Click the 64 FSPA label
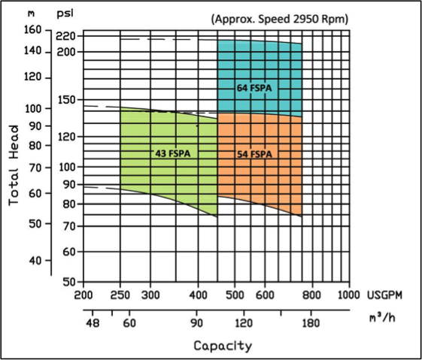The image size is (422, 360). click(254, 88)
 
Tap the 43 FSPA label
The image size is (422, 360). click(173, 153)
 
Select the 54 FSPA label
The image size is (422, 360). click(254, 154)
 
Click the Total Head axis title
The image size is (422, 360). click(14, 165)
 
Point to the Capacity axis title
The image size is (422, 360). click(223, 346)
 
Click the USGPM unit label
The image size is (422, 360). click(385, 295)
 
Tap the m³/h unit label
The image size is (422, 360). click(382, 318)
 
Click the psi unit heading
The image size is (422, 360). click(65, 14)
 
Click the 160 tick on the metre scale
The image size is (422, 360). click(33, 29)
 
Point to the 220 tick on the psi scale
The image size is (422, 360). click(65, 36)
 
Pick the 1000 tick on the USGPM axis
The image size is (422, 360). click(349, 295)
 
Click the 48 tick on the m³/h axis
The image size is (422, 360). click(93, 323)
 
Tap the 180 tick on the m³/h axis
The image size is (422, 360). click(311, 323)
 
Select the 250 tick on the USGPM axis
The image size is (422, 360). click(120, 295)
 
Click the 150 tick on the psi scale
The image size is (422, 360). click(67, 100)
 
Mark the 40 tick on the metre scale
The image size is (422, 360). click(36, 261)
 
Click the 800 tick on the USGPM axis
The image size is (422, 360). click(311, 295)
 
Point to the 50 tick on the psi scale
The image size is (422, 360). click(69, 282)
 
